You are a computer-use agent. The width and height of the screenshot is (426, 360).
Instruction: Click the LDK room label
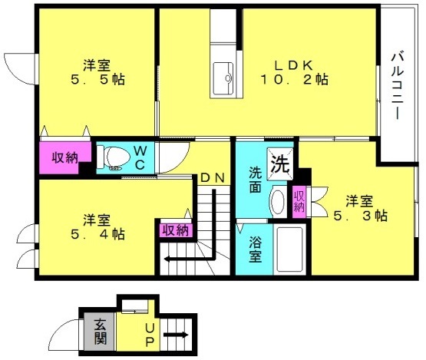pos(294,65)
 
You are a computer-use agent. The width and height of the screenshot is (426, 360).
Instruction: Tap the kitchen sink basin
pos(223,78)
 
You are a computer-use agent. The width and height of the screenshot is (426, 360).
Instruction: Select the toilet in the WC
pos(114,157)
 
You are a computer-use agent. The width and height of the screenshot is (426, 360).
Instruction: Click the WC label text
pos(140,157)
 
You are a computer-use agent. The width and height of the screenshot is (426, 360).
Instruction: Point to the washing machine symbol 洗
pos(280,163)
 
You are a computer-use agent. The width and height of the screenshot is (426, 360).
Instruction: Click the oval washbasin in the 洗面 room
pos(278,202)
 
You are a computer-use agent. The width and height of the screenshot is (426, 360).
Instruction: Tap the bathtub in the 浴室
pos(289,249)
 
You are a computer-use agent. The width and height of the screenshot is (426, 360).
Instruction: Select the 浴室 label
pos(256,249)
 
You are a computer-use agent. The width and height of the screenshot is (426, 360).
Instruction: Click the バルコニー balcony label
pos(397,86)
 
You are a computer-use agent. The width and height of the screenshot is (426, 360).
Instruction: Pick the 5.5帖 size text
pos(97,80)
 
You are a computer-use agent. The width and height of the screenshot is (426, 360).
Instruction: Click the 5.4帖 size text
pos(97,234)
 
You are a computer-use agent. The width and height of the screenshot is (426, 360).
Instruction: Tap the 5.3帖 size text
pos(360,216)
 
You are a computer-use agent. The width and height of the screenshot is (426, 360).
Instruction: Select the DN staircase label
pos(213,177)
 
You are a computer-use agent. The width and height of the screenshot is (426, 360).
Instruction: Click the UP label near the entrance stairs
pos(150,335)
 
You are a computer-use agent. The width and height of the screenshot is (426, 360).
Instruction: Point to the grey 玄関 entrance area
pos(100,332)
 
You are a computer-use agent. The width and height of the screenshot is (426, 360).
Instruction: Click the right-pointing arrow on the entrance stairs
pos(176,335)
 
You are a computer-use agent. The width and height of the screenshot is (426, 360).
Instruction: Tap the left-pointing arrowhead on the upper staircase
pos(167,259)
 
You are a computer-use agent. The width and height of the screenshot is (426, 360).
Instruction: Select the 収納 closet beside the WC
pos(65,157)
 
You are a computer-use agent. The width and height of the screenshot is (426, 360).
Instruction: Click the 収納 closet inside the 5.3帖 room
pos(299,201)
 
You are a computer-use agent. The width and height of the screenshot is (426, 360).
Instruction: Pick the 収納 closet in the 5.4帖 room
pos(176,231)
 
